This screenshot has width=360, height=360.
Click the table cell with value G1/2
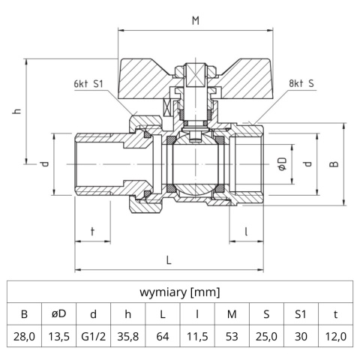(94, 337)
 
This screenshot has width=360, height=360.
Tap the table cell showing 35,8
(128, 337)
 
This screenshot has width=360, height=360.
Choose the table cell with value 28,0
(25, 337)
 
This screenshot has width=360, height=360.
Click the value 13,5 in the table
(59, 337)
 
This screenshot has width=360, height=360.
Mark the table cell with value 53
(232, 337)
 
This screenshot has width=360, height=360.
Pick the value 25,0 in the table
(266, 337)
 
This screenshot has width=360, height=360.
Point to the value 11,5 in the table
(197, 337)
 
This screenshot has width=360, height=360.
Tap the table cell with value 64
(163, 337)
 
